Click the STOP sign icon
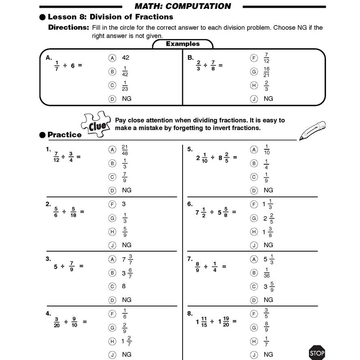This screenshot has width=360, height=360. pyautogui.click(x=317, y=353)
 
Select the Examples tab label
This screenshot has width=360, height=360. pyautogui.click(x=183, y=44)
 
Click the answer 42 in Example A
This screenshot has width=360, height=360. pyautogui.click(x=125, y=58)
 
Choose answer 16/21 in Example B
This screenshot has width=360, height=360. pyautogui.click(x=266, y=72)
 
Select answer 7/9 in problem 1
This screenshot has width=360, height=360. pyautogui.click(x=125, y=177)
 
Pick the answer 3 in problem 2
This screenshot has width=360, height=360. pyautogui.click(x=124, y=204)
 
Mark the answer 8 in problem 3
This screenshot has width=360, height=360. pyautogui.click(x=124, y=286)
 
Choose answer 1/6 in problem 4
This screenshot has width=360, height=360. pyautogui.click(x=125, y=314)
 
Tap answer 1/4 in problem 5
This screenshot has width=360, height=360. pyautogui.click(x=266, y=164)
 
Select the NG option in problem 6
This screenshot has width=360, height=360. pyautogui.click(x=268, y=245)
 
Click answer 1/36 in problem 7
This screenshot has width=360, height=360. pyautogui.click(x=267, y=273)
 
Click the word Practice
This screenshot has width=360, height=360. pyautogui.click(x=64, y=135)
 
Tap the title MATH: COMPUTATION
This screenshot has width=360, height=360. pyautogui.click(x=183, y=6)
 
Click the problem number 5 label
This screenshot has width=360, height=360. pyautogui.click(x=190, y=149)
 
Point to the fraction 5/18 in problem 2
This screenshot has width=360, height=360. pyautogui.click(x=73, y=212)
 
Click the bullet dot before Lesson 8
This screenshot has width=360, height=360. pyautogui.click(x=42, y=17)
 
